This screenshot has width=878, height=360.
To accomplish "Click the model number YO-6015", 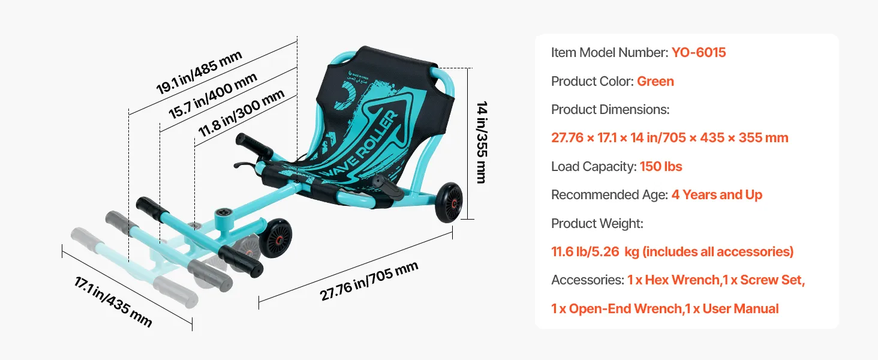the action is [699, 53].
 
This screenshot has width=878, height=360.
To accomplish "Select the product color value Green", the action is [656, 81].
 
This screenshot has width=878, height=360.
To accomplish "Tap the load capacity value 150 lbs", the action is [661, 167].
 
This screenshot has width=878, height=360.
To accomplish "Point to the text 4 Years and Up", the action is [717, 195].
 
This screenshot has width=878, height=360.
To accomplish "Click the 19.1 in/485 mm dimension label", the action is [199, 73].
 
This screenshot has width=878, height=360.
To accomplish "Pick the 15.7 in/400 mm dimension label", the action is [212, 95].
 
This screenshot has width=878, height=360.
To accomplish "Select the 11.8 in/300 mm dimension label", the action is [241, 113].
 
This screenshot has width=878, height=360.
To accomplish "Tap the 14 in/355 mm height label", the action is [482, 142].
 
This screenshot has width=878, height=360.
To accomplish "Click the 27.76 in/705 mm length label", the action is [369, 281].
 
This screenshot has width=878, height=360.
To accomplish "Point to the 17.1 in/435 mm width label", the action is [113, 301].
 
